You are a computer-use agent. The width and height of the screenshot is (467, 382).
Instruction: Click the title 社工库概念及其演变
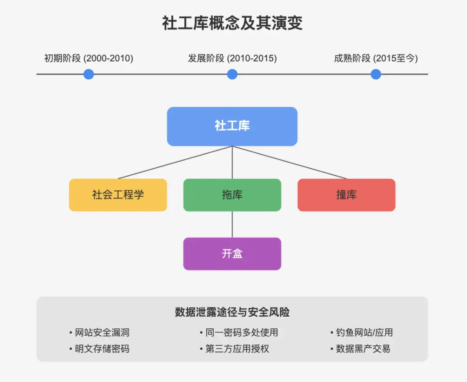[232, 23]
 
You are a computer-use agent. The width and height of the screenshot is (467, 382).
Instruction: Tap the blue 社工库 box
[232, 126]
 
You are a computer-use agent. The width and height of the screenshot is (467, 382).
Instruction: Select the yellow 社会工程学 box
[118, 195]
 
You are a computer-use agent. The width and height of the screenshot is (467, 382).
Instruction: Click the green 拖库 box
[232, 195]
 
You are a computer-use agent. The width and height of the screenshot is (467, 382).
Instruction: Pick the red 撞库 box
[346, 195]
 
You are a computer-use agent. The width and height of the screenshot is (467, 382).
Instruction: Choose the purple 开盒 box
[232, 254]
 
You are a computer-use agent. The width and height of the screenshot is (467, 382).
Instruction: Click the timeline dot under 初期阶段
[89, 74]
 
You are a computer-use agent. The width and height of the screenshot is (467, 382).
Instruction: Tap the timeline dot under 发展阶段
[232, 74]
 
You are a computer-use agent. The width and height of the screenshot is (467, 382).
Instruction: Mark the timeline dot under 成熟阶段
[376, 74]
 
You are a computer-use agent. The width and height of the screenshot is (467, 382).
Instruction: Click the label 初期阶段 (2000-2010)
[89, 58]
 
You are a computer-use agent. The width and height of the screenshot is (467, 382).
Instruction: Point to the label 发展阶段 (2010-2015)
[232, 58]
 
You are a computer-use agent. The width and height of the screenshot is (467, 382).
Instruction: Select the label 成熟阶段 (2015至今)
[376, 58]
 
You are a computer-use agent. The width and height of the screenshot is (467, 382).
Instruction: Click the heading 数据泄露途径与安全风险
[232, 312]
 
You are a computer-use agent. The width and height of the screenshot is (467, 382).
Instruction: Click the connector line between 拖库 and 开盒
[232, 225]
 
